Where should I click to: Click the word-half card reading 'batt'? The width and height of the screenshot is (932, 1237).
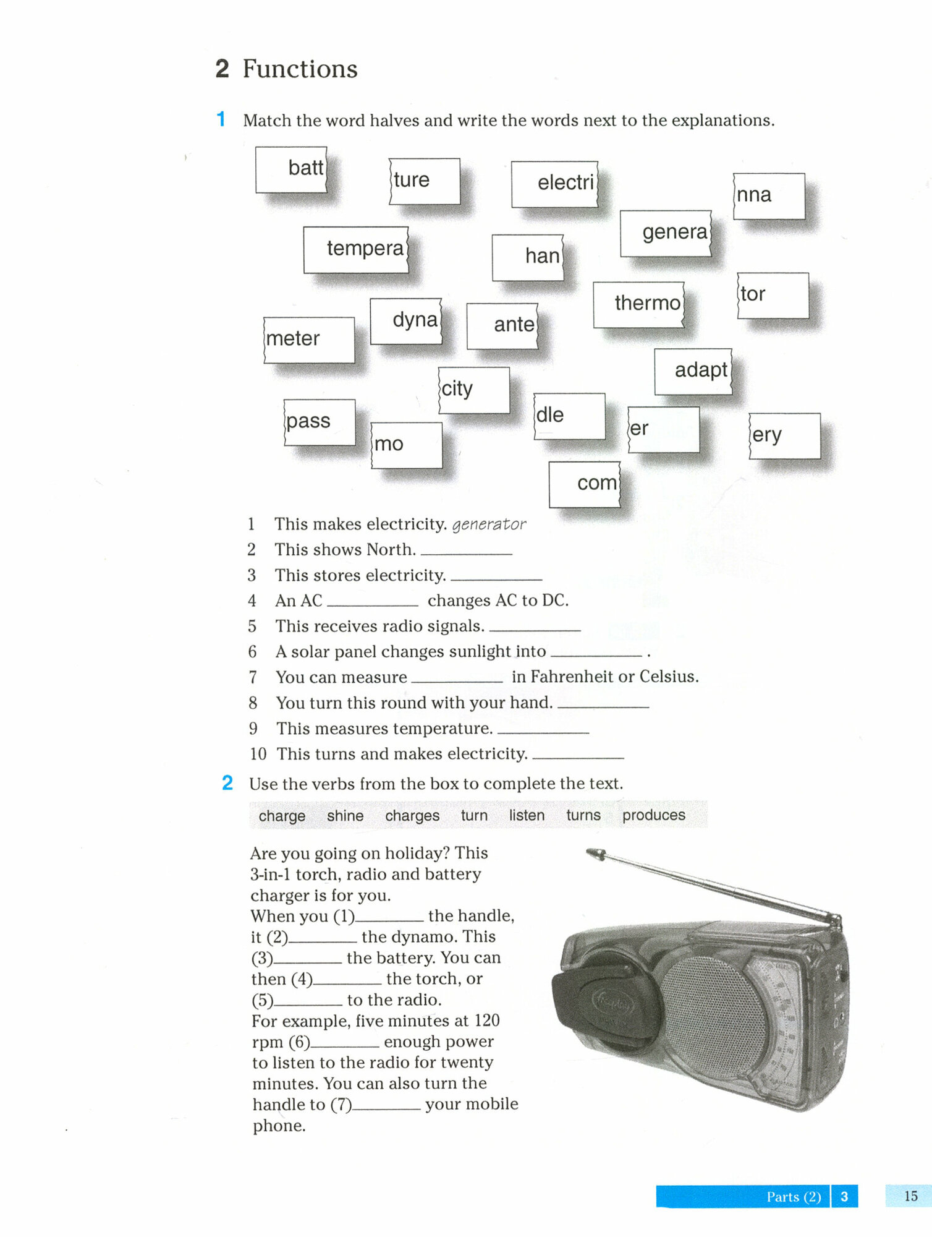coord(291,169)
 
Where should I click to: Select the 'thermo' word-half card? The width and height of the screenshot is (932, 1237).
coord(639,304)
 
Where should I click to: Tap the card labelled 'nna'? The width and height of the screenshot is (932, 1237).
coord(768,196)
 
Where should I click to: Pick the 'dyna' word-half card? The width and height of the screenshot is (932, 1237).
coord(406,321)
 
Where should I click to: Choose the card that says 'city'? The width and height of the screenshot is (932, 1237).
coord(473,390)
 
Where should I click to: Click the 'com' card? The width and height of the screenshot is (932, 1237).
coord(585,484)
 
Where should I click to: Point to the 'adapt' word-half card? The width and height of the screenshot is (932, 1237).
coord(693,371)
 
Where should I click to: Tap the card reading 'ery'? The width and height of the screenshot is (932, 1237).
coord(784,435)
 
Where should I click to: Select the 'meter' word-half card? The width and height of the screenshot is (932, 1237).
coord(308,340)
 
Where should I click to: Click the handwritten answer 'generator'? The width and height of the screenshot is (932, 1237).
coord(489,525)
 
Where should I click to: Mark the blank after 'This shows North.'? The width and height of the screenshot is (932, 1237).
coord(466,551)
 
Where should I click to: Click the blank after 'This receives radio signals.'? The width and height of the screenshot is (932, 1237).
coord(535,628)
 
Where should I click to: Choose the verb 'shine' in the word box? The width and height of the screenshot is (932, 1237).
coord(345,816)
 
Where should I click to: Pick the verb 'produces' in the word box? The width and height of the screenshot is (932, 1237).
coord(653,815)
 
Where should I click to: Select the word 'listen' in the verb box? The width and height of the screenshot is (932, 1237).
coord(527,815)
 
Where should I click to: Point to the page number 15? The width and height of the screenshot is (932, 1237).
coord(910,1196)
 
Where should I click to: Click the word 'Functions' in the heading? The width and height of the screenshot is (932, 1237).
coord(300,69)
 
